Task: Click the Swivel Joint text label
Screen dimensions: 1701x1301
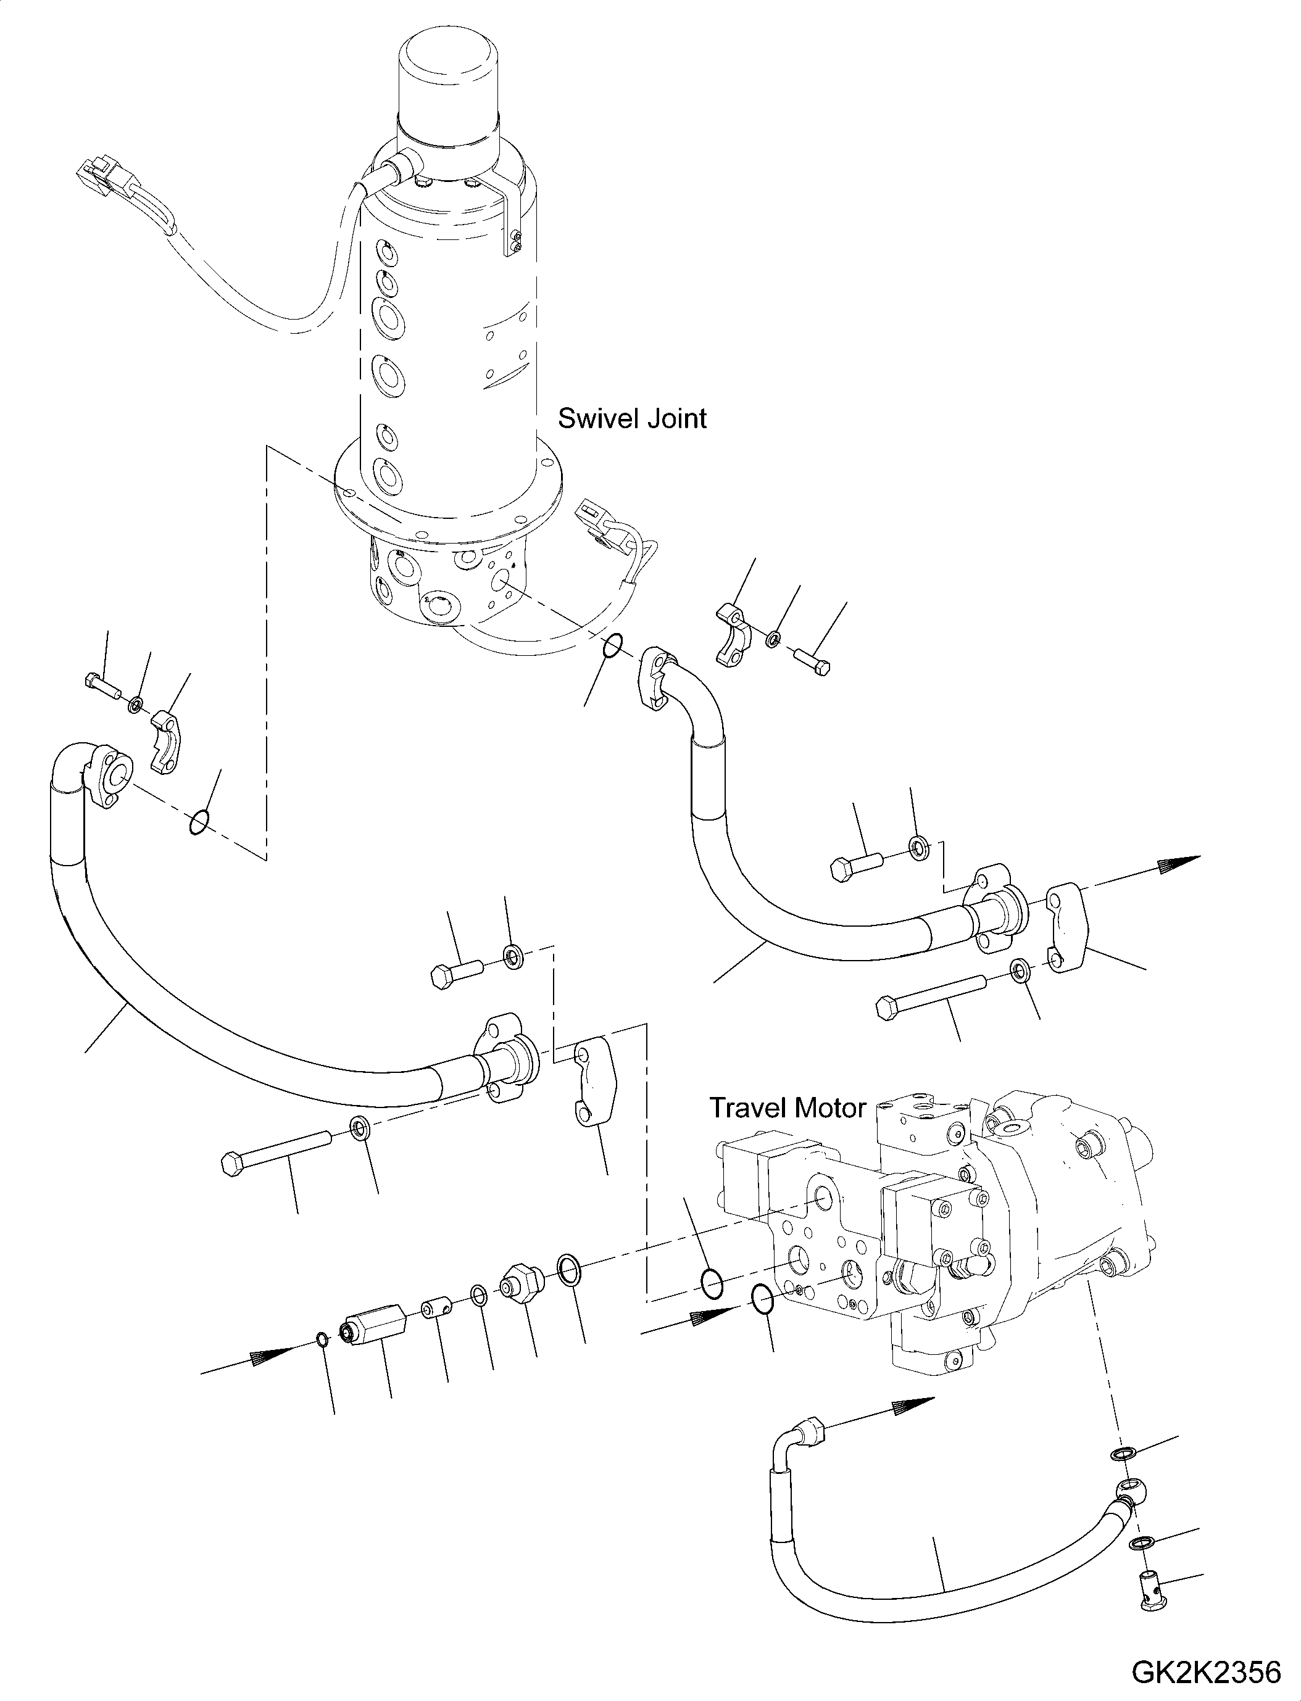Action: click(632, 419)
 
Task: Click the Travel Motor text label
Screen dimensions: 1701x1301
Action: click(787, 1108)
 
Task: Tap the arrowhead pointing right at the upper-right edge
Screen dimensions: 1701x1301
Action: click(1177, 864)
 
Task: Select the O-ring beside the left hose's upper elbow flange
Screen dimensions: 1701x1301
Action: click(198, 823)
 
